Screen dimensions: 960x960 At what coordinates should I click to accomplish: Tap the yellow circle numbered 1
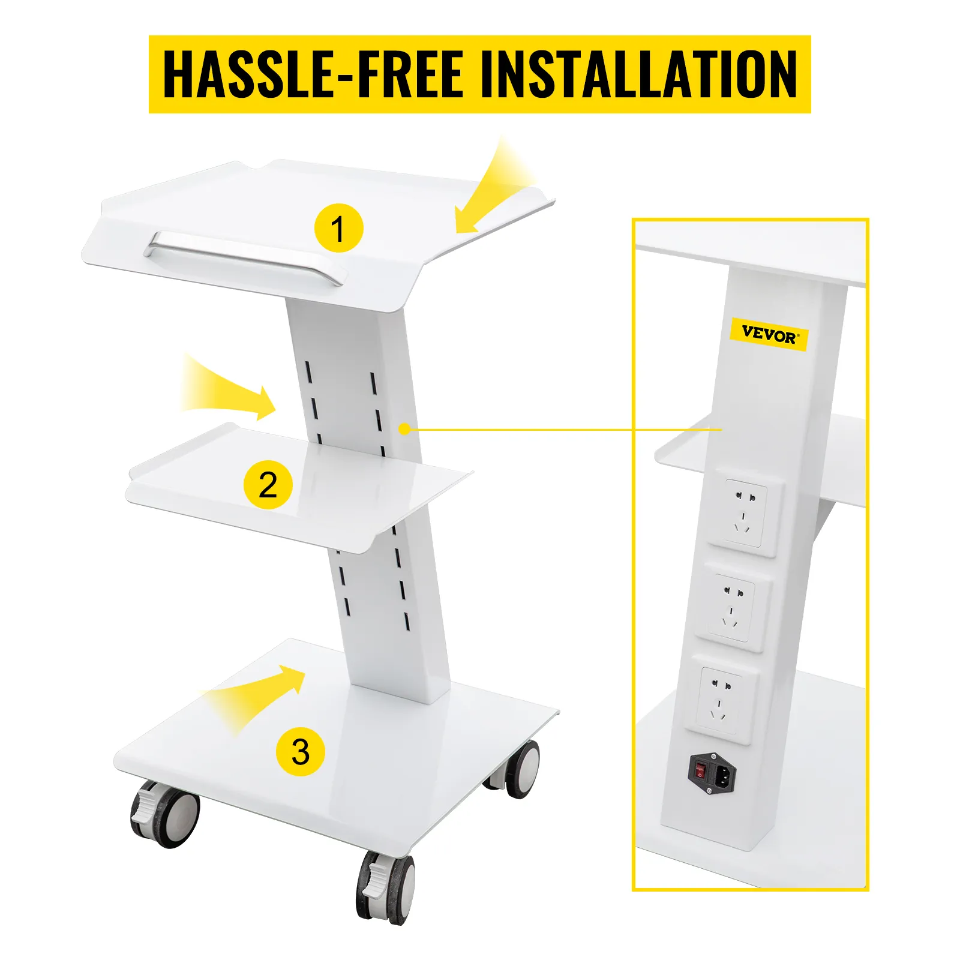click(339, 228)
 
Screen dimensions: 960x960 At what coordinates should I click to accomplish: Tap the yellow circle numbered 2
click(268, 484)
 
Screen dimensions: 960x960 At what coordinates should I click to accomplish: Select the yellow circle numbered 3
click(300, 751)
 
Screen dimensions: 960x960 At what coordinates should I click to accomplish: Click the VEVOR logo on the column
click(769, 334)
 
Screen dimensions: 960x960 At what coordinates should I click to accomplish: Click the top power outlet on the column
click(744, 513)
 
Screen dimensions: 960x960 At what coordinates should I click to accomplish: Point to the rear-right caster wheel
click(519, 768)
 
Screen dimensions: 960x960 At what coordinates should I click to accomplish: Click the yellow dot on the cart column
click(404, 429)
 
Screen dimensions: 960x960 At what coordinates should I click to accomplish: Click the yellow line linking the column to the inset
click(540, 430)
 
